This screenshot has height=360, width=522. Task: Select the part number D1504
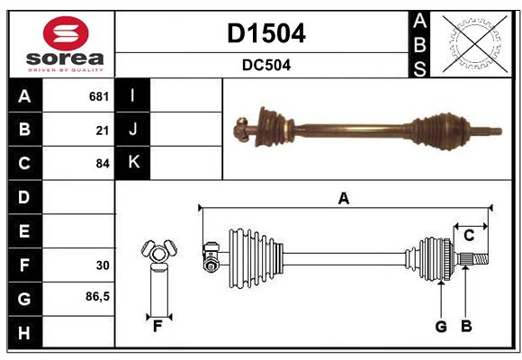(x=265, y=33)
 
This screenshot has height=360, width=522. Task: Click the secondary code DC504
(x=265, y=65)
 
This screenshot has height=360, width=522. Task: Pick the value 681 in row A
(x=99, y=96)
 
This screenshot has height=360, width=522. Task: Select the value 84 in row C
(x=102, y=164)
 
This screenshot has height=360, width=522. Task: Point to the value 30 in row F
(x=102, y=265)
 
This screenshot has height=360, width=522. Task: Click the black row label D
(x=24, y=197)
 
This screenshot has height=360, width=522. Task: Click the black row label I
(x=133, y=96)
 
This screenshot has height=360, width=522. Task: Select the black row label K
(x=133, y=163)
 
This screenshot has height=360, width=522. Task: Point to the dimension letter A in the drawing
(x=343, y=198)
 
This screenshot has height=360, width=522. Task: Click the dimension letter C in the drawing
(x=469, y=236)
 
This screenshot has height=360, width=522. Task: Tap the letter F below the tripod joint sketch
(x=157, y=326)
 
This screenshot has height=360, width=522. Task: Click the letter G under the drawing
(x=441, y=326)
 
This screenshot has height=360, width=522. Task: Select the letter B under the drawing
(x=466, y=326)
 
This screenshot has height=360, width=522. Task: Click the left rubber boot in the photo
(x=269, y=125)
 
